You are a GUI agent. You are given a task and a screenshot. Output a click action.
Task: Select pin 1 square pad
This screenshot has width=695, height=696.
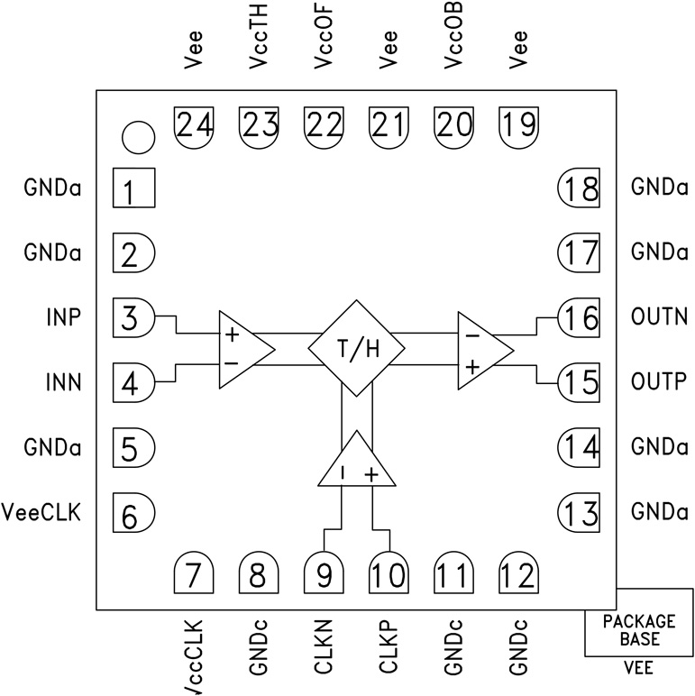(133, 190)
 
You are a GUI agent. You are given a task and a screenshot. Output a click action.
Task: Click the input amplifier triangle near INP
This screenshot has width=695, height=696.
(241, 350)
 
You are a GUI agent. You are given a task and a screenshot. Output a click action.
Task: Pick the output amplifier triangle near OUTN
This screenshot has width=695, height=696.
(480, 350)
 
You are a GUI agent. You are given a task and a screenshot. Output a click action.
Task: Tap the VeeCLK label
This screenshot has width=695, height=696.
(43, 514)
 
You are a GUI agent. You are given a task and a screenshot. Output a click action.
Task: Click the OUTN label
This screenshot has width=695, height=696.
(659, 316)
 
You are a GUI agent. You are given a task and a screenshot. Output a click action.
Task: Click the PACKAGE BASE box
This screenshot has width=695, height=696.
(638, 631)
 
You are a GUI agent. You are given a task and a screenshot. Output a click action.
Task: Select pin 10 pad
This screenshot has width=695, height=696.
(389, 573)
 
